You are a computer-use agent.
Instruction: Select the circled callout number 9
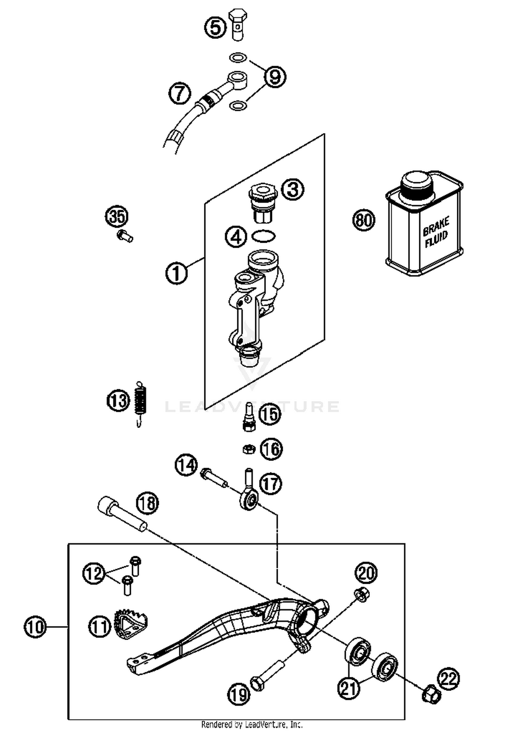(x=275, y=77)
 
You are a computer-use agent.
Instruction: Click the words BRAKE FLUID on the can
(x=436, y=232)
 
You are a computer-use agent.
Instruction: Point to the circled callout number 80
(x=364, y=220)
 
